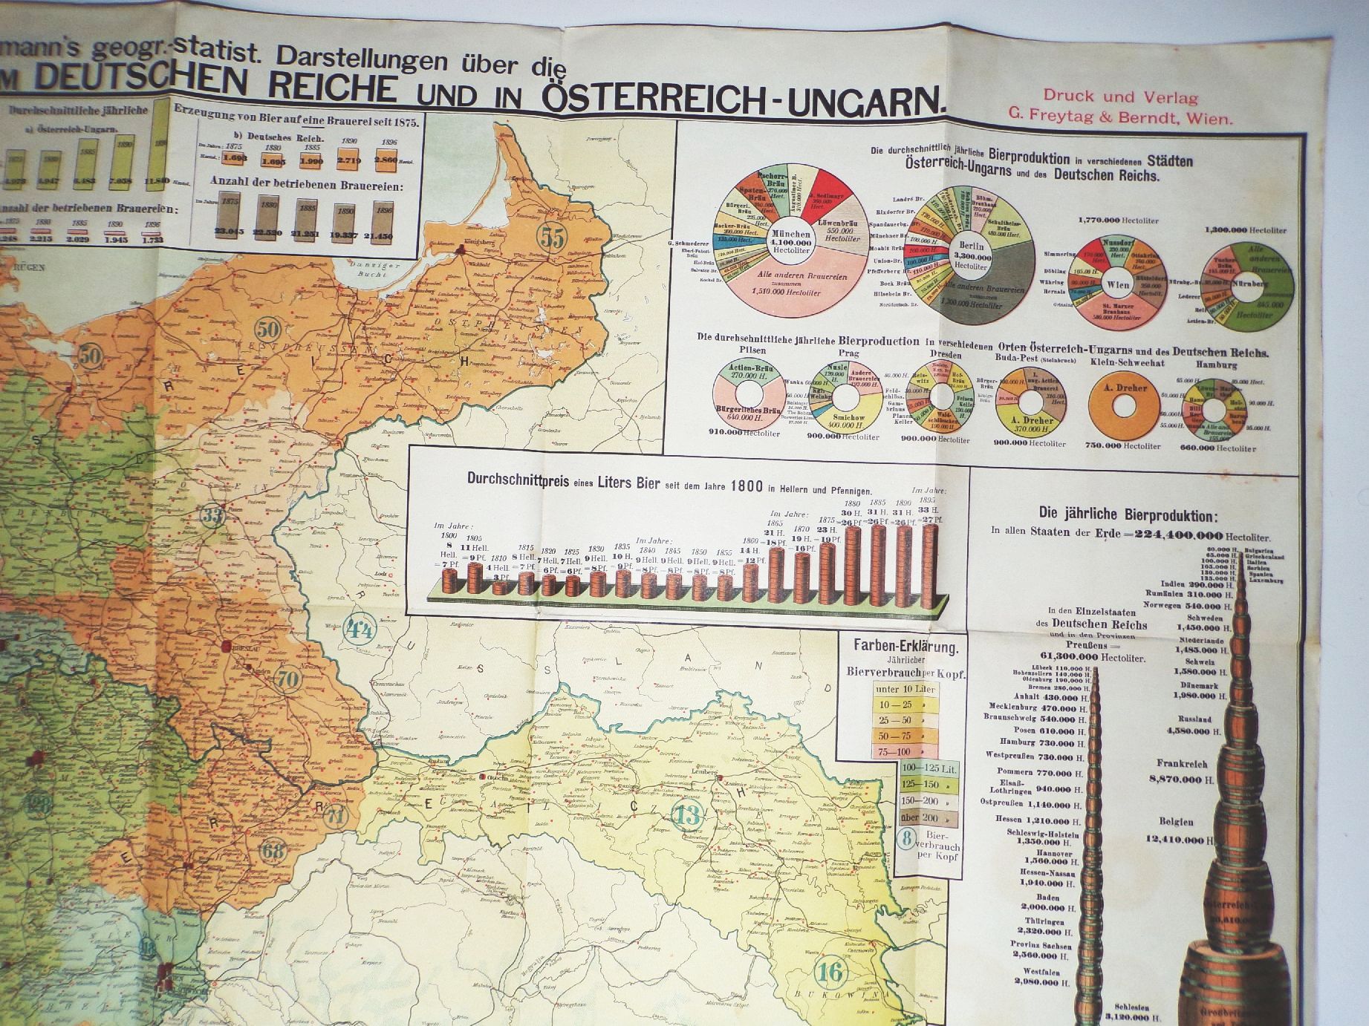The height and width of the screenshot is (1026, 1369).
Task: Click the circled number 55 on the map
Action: [x=553, y=240]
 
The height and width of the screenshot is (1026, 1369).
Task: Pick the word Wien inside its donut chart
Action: [x=1118, y=285]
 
